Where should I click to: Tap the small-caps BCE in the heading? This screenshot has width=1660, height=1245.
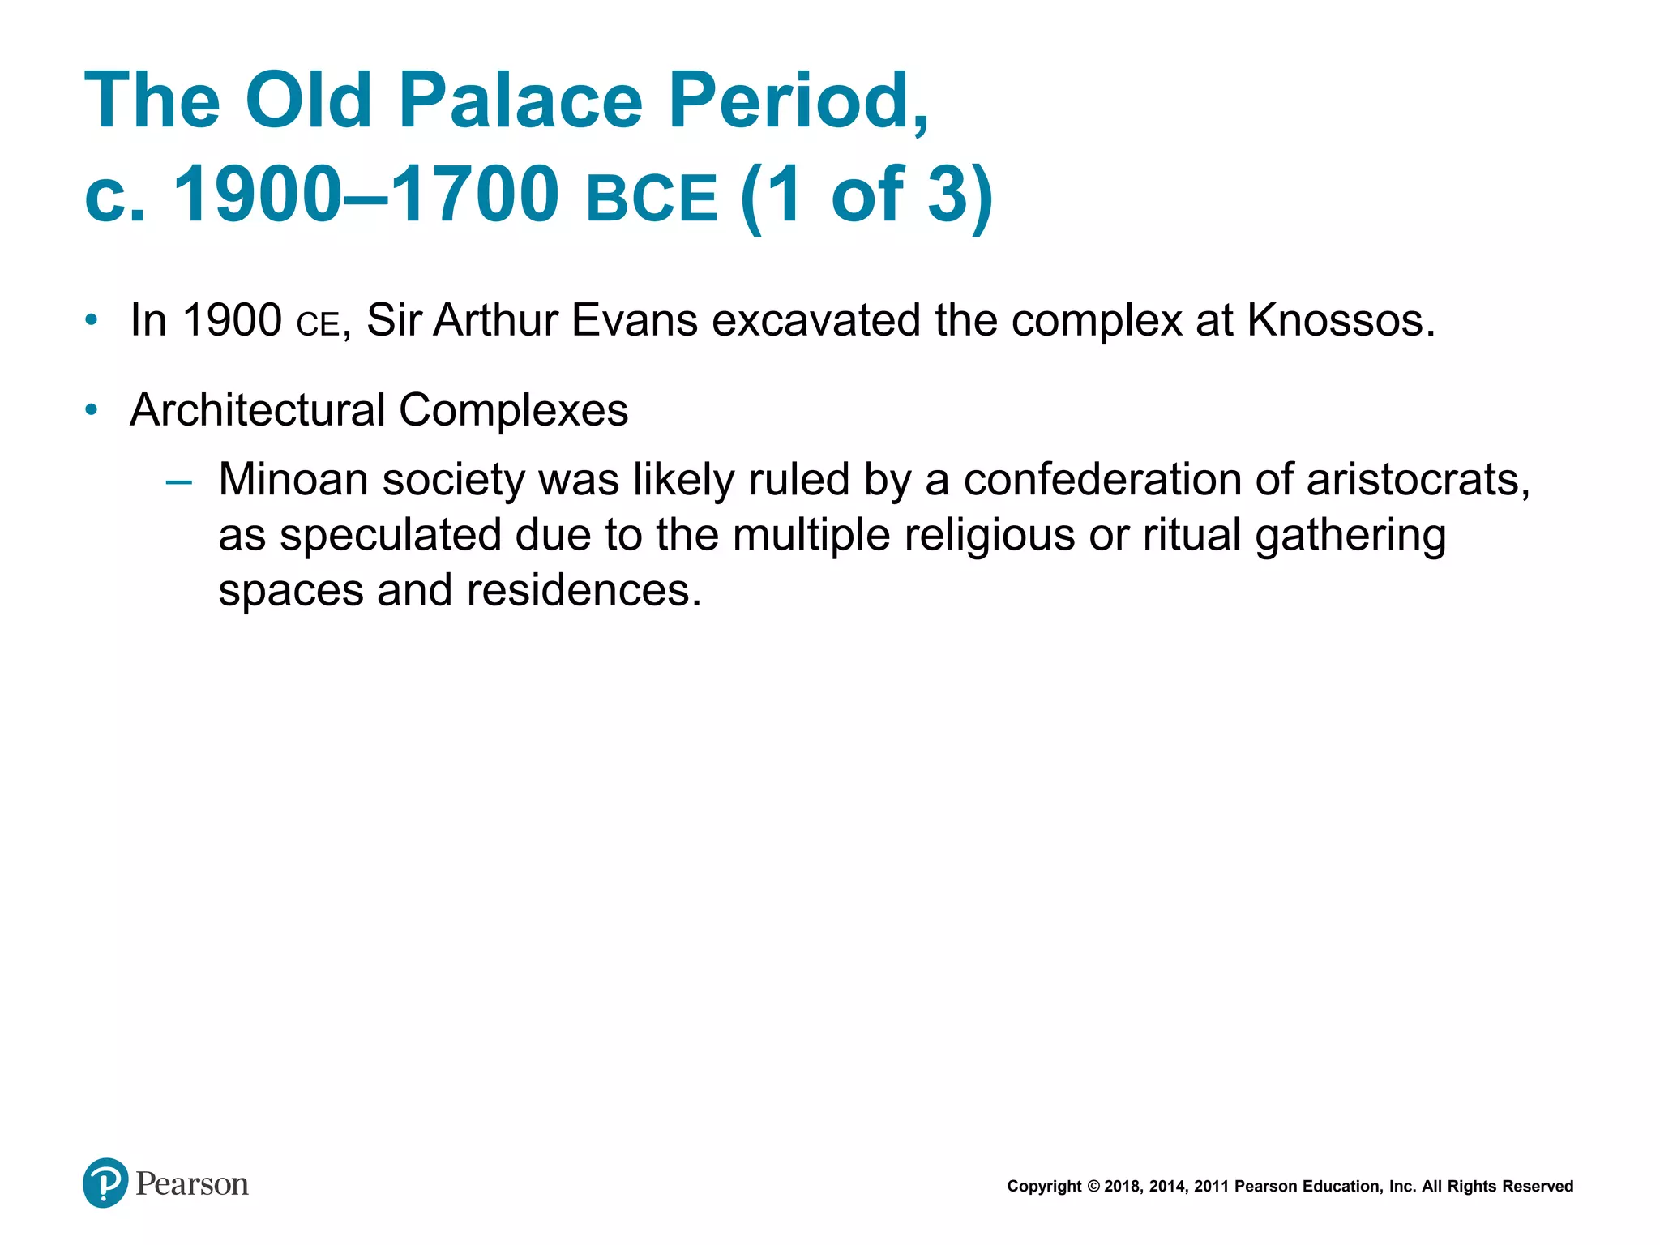pyautogui.click(x=652, y=198)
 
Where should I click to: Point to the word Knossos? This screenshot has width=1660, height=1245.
pyautogui.click(x=1341, y=320)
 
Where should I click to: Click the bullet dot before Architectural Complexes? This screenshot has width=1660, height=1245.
pyautogui.click(x=92, y=409)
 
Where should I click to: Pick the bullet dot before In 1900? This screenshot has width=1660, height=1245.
pyautogui.click(x=92, y=319)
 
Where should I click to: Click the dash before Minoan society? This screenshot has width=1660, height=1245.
pyautogui.click(x=178, y=482)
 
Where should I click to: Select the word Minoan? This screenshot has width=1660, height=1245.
pyautogui.click(x=293, y=479)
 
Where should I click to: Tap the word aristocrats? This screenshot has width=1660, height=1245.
pyautogui.click(x=1418, y=479)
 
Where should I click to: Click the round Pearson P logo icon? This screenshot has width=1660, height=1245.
pyautogui.click(x=105, y=1183)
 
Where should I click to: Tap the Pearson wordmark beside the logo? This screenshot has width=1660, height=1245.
pyautogui.click(x=192, y=1184)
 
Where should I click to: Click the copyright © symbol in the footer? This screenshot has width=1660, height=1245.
pyautogui.click(x=1093, y=1187)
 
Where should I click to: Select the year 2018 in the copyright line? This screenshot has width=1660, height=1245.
pyautogui.click(x=1123, y=1187)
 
